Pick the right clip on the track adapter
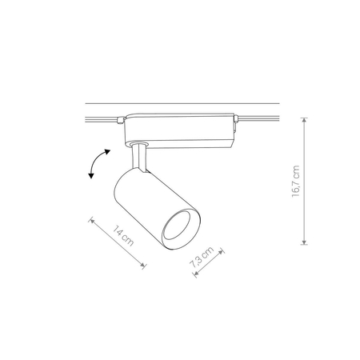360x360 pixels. point(236,122)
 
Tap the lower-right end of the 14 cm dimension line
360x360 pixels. point(145,264)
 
